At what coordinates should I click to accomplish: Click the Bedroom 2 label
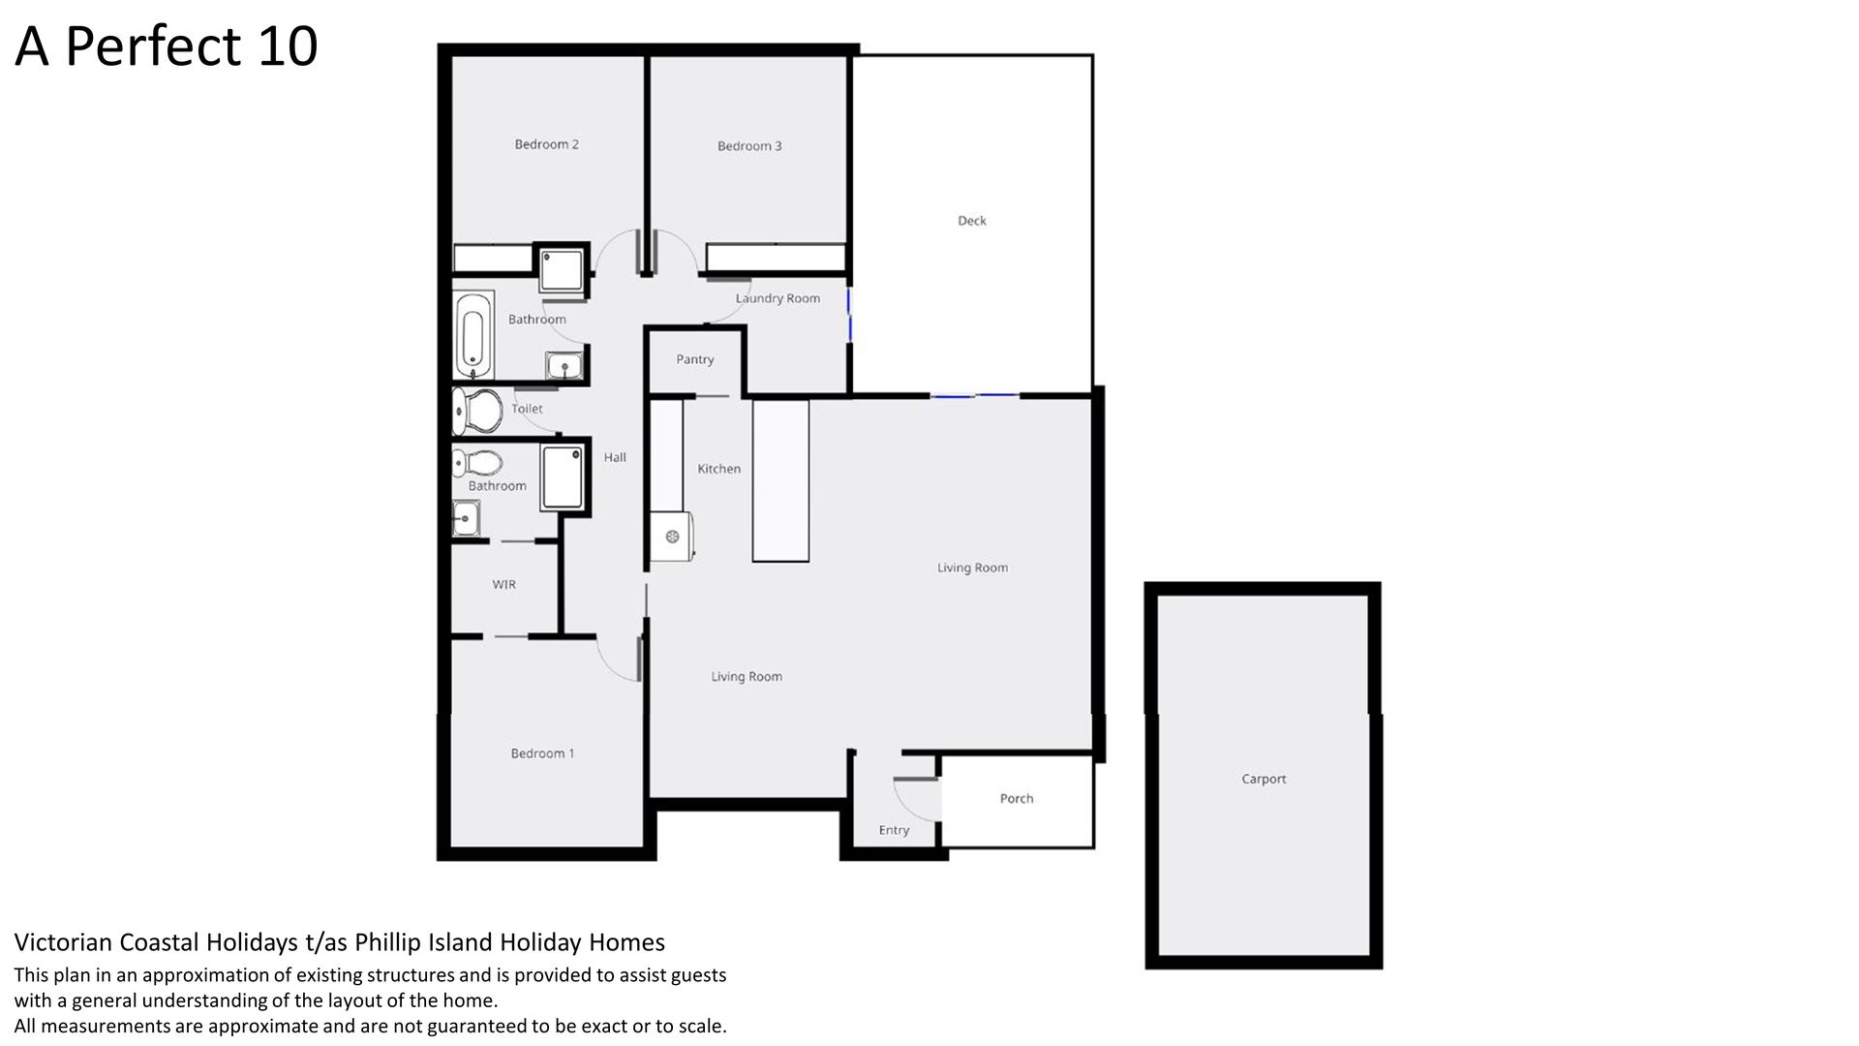(x=546, y=144)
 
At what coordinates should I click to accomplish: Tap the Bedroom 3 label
(x=749, y=146)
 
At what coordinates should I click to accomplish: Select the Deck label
(x=972, y=221)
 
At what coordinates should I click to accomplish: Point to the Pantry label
(x=695, y=359)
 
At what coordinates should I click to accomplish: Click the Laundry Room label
(x=777, y=298)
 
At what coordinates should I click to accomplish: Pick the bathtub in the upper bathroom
(x=472, y=334)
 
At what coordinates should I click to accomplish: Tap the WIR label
(x=503, y=585)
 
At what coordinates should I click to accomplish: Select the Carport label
(x=1264, y=779)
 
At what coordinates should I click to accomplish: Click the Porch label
(x=1017, y=799)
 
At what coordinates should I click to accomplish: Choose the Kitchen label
(x=719, y=469)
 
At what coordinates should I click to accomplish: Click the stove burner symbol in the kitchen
(x=672, y=537)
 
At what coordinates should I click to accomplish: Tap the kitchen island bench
(x=780, y=481)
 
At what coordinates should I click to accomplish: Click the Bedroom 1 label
(x=542, y=754)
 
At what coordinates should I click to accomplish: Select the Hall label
(x=615, y=458)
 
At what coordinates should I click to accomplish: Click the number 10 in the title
(x=288, y=46)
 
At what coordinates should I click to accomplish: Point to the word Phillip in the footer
(x=387, y=942)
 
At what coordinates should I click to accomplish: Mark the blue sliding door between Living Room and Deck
(x=975, y=395)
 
